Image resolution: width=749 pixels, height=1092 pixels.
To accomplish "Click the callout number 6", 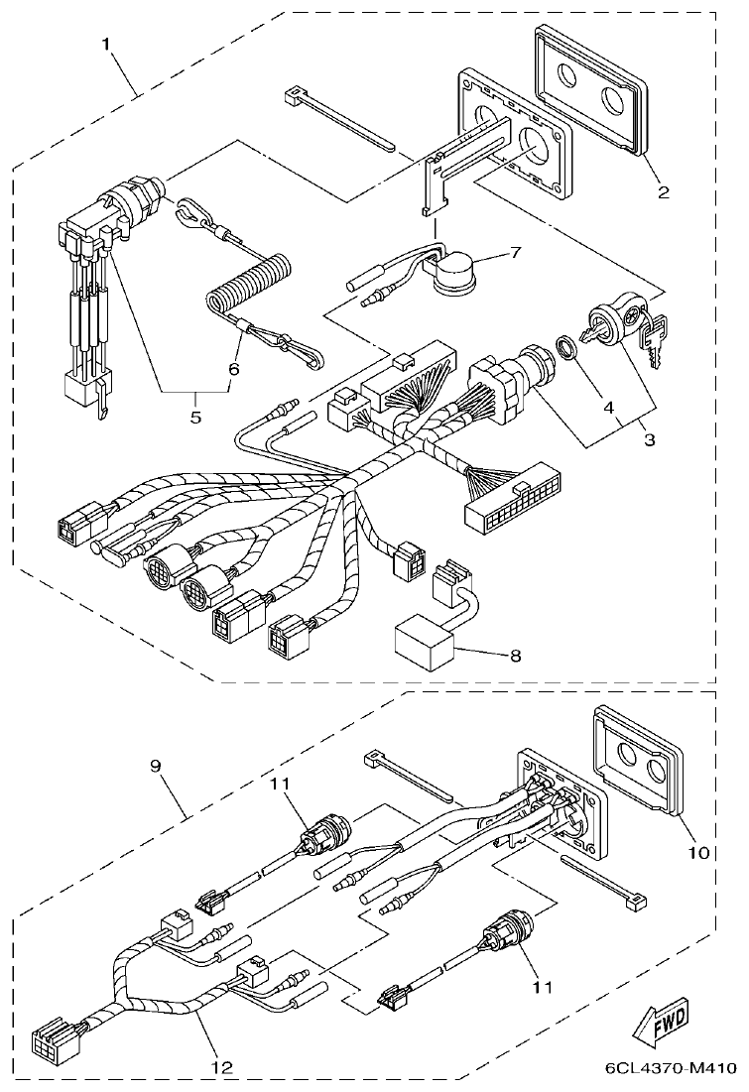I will pyautogui.click(x=233, y=368).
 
